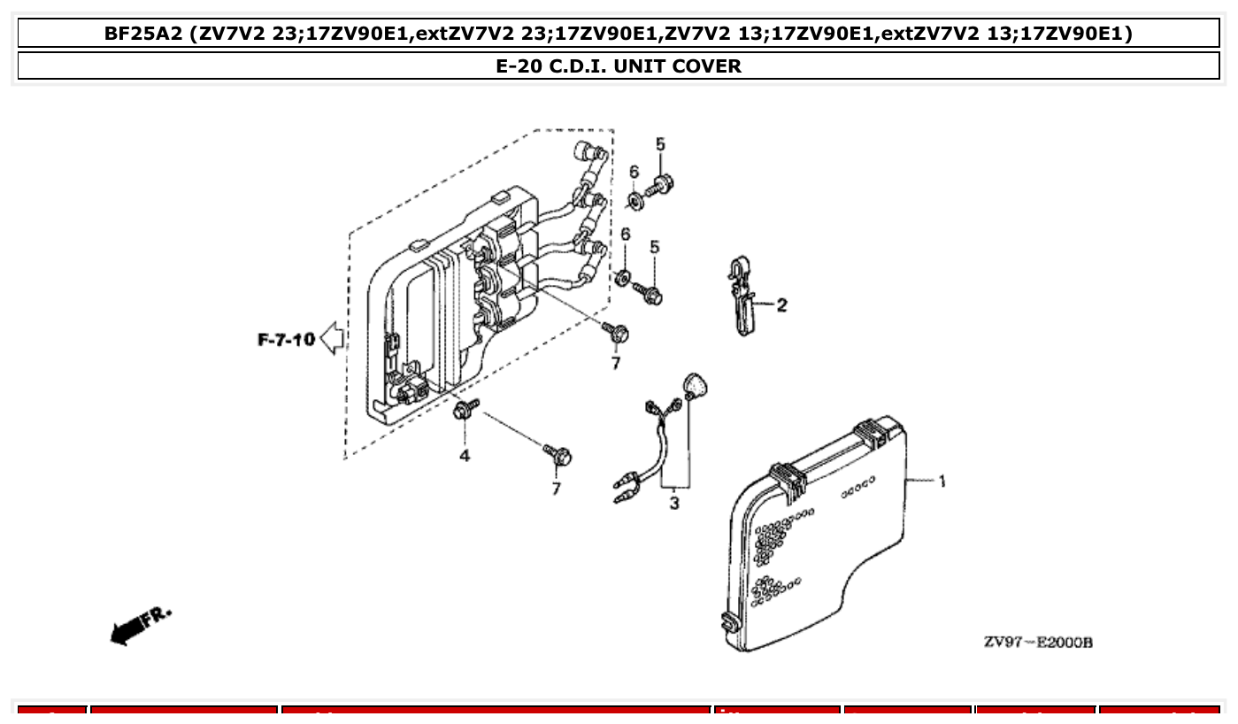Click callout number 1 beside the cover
pos(942,481)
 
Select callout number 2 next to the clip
pos(781,305)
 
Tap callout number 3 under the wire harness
pos(674,504)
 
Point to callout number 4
pos(464,456)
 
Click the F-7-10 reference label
pos(286,339)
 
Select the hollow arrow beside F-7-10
pos(332,338)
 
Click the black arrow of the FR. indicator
pos(126,630)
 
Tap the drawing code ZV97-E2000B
pos(1038,642)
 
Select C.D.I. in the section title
pos(576,66)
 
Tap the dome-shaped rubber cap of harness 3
pos(696,386)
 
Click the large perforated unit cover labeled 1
pos(814,540)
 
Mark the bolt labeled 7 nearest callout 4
pos(558,457)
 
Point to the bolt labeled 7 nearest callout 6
pos(617,332)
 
